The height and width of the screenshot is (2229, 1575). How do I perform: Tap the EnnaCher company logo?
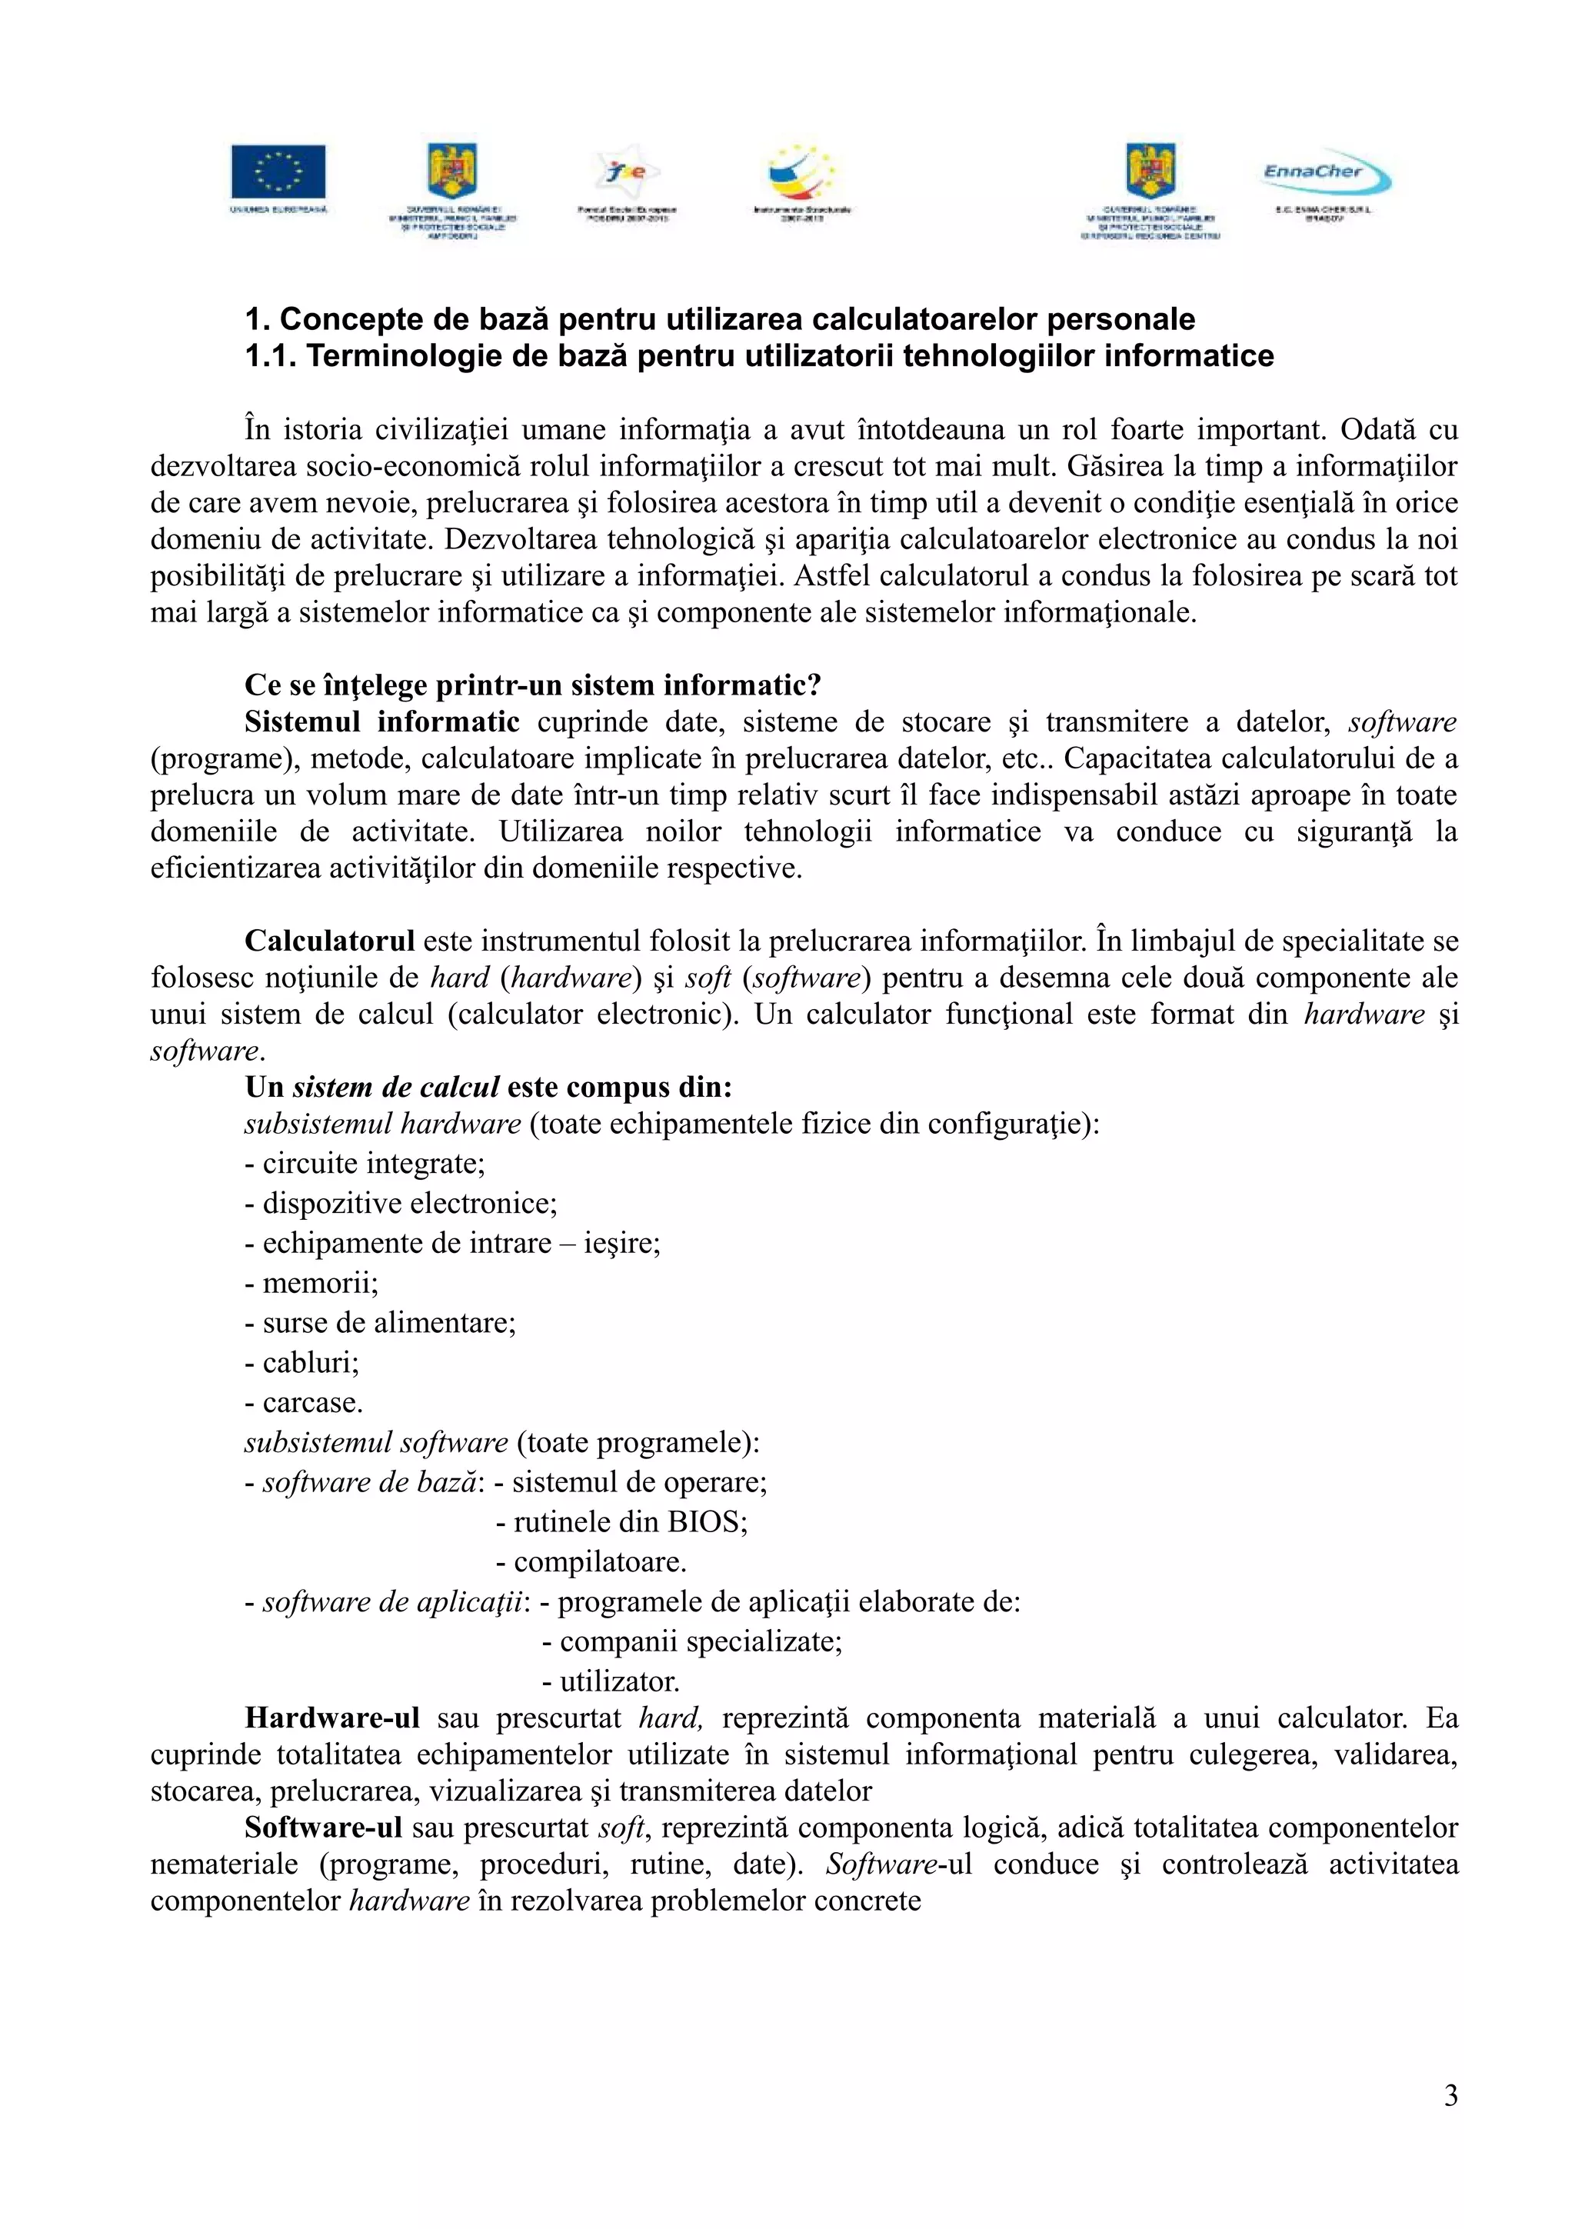point(1326,174)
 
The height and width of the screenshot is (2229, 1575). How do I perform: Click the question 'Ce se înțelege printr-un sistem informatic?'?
point(533,685)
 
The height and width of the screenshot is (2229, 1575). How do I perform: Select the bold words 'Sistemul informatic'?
point(381,722)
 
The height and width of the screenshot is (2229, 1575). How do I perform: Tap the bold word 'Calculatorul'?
point(329,941)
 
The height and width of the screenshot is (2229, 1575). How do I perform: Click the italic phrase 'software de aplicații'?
point(393,1602)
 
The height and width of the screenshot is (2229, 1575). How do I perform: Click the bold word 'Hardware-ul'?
point(332,1718)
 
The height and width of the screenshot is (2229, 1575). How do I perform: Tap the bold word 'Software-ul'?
point(322,1828)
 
